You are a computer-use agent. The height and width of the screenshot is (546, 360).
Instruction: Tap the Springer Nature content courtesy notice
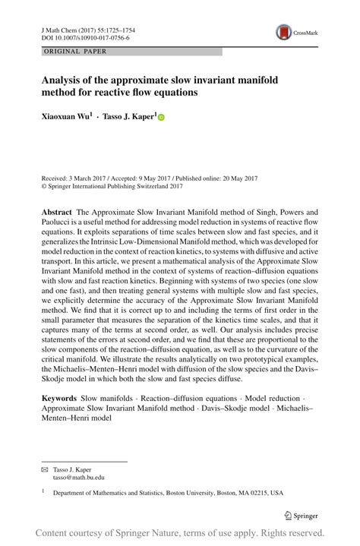180,533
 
